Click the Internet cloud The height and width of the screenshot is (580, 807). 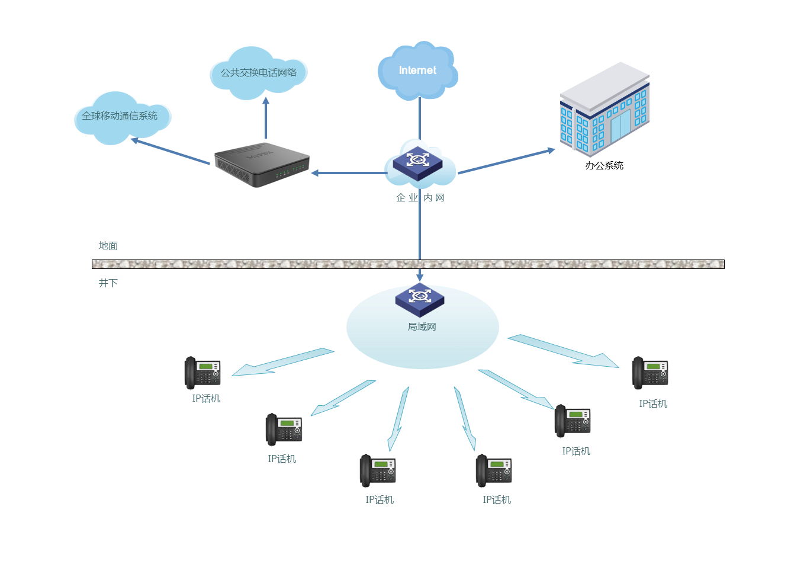[417, 71]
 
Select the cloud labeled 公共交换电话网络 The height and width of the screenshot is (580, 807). [259, 72]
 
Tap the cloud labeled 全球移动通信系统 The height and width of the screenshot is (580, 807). [120, 116]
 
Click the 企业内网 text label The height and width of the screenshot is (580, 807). [420, 198]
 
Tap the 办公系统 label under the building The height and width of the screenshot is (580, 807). [604, 166]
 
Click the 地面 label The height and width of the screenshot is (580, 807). [108, 245]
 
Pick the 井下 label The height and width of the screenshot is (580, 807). [108, 283]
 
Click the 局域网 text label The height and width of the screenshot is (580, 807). [422, 327]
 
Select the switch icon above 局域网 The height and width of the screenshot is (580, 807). [420, 299]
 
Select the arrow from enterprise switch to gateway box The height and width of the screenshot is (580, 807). [349, 173]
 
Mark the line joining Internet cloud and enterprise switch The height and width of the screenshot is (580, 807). [420, 118]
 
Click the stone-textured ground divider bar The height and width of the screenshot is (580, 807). [408, 264]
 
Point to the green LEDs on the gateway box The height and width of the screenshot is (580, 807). [290, 172]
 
